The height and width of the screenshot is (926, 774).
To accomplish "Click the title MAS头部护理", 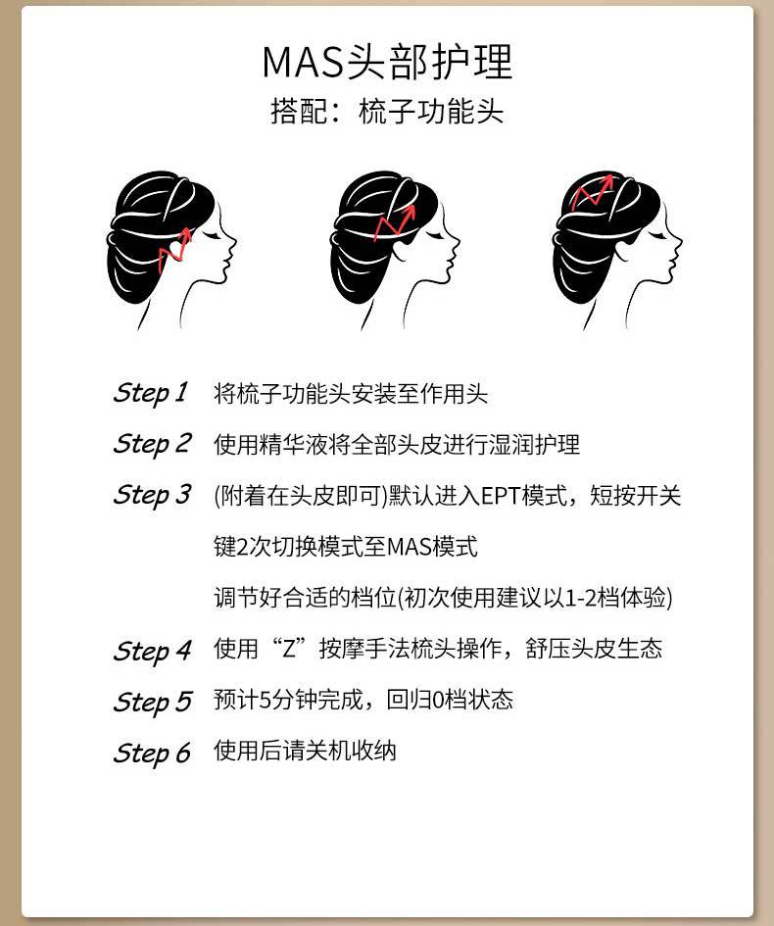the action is point(387,62).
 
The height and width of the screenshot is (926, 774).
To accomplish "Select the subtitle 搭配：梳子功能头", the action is point(387,111).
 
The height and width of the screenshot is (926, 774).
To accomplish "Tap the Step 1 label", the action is point(151,393).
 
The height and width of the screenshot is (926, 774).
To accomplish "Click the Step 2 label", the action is point(152,444).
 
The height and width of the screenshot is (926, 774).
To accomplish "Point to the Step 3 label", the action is point(152,495).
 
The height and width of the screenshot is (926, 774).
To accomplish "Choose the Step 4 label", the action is point(152,651).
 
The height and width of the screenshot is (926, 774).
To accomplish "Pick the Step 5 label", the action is point(152,702).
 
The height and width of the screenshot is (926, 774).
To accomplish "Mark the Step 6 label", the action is point(152,753).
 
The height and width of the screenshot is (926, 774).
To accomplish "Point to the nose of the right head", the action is point(677,243).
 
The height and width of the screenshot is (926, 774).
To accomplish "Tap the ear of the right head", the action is point(623,249).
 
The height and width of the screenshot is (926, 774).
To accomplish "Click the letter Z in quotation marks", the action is point(289,649).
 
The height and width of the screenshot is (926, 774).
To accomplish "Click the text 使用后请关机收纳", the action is point(305,751).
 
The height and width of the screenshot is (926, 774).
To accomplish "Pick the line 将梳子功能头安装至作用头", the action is point(351,393).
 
